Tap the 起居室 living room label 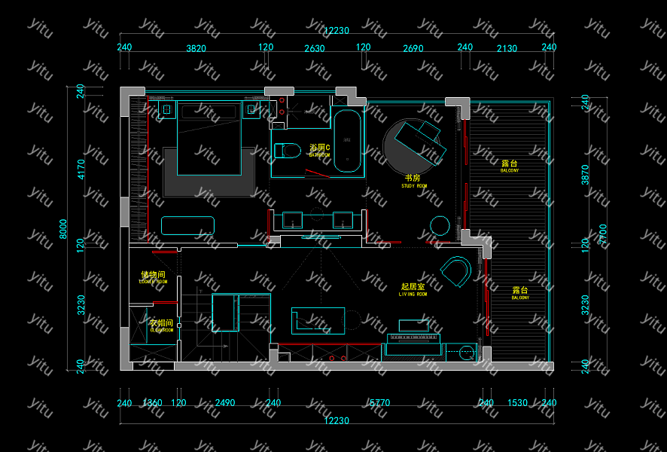pyautogui.click(x=413, y=288)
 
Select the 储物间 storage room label pyautogui.click(x=153, y=276)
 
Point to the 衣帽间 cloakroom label pyautogui.click(x=161, y=324)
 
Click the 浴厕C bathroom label pyautogui.click(x=319, y=149)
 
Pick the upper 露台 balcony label pyautogui.click(x=509, y=164)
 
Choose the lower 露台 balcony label pyautogui.click(x=519, y=291)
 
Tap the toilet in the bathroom pyautogui.click(x=287, y=149)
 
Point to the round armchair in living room pyautogui.click(x=456, y=272)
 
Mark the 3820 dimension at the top pyautogui.click(x=196, y=48)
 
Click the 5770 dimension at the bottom pyautogui.click(x=379, y=403)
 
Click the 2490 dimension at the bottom pyautogui.click(x=224, y=403)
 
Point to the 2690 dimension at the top pyautogui.click(x=413, y=48)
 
